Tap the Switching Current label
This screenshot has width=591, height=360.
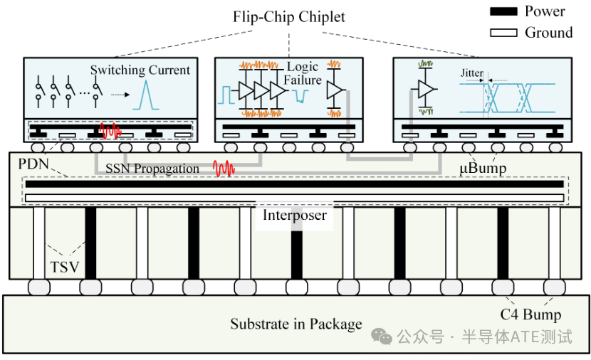coord(140,70)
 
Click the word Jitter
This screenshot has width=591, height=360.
coord(472,73)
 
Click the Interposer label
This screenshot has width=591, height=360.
coord(295,215)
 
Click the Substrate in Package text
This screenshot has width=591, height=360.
coord(295,324)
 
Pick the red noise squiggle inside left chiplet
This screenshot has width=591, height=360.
coord(111,131)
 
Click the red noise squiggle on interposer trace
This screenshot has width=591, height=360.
coord(225,169)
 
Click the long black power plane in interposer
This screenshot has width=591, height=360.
coord(295,184)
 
